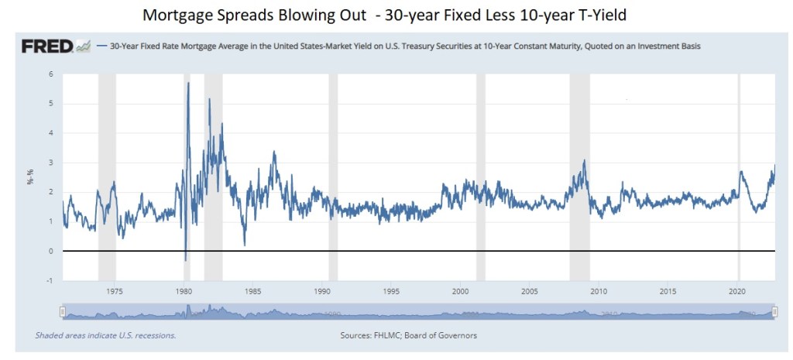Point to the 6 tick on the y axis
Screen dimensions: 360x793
click(x=51, y=74)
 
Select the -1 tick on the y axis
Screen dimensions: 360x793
click(x=50, y=281)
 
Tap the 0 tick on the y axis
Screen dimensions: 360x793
click(x=51, y=252)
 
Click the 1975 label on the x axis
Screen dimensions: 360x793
click(x=115, y=292)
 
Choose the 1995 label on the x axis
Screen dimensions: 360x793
click(x=391, y=292)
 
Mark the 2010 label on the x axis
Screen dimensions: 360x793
click(x=599, y=292)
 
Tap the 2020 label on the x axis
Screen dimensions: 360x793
click(x=737, y=292)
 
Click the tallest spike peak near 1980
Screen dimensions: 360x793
click(x=188, y=84)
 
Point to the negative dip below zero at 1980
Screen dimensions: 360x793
click(x=185, y=259)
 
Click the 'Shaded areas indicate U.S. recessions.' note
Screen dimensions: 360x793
click(x=105, y=335)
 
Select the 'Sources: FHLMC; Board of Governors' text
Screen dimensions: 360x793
click(x=408, y=335)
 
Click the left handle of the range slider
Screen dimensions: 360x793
click(x=64, y=312)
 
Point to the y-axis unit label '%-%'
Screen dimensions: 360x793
click(x=29, y=178)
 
